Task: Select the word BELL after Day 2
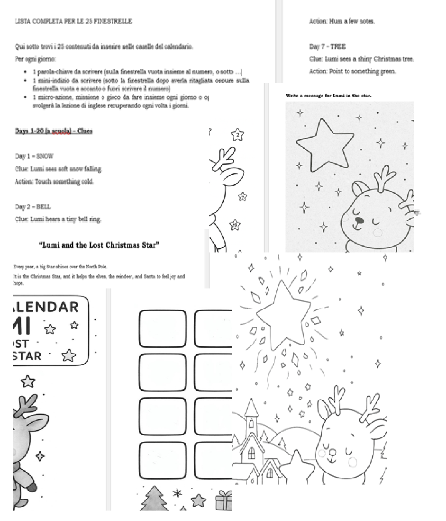click(45, 207)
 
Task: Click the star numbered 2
click(238, 135)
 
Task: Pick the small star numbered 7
click(243, 197)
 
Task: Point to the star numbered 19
click(235, 225)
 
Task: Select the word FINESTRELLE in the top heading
click(112, 21)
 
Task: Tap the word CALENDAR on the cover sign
click(46, 306)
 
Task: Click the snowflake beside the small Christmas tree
click(178, 494)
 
